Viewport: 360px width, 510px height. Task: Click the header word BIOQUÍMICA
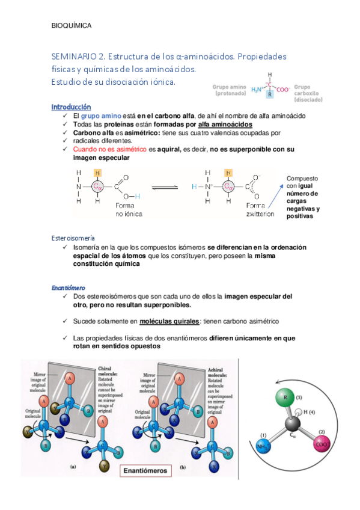tap(71, 26)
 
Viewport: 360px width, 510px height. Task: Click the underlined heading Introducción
tap(71, 106)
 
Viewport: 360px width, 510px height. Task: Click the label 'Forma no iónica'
tap(128, 209)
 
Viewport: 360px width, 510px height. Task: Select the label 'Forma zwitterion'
tap(260, 209)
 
